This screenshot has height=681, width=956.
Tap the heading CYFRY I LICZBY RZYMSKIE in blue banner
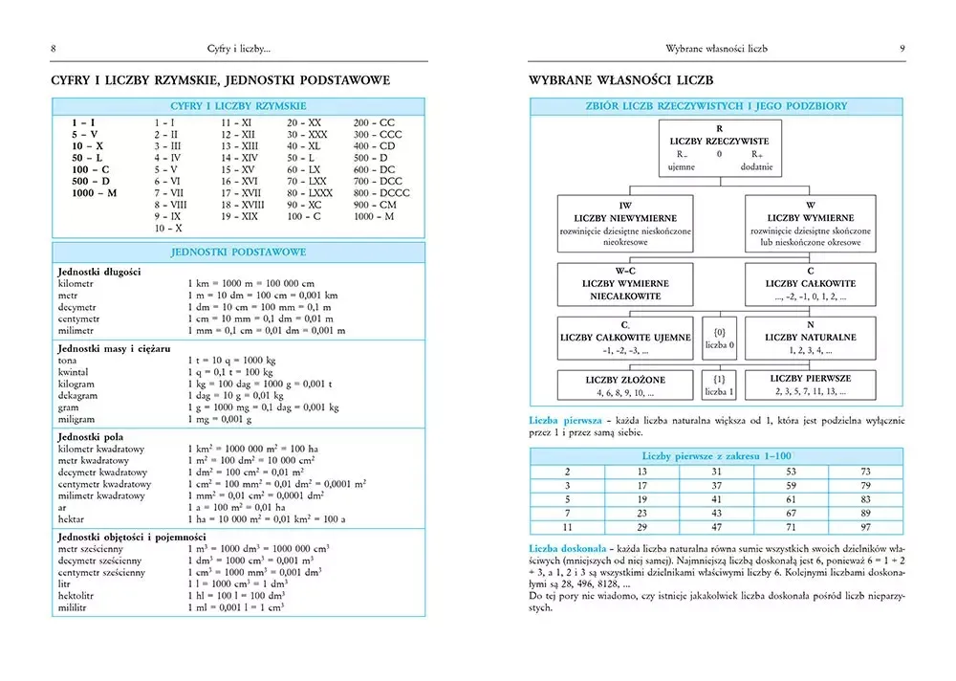238,105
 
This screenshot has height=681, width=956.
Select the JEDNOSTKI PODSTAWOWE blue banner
238,252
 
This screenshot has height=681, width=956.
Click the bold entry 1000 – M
94,192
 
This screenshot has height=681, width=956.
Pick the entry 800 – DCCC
380,192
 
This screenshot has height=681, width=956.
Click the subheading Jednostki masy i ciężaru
114,349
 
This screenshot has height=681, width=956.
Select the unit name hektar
73,517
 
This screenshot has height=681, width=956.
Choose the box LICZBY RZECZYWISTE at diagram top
718,146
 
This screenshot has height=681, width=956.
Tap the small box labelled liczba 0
719,337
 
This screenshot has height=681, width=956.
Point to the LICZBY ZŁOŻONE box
625,385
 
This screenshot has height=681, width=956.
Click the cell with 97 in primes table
865,527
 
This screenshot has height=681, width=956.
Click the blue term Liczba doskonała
564,549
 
